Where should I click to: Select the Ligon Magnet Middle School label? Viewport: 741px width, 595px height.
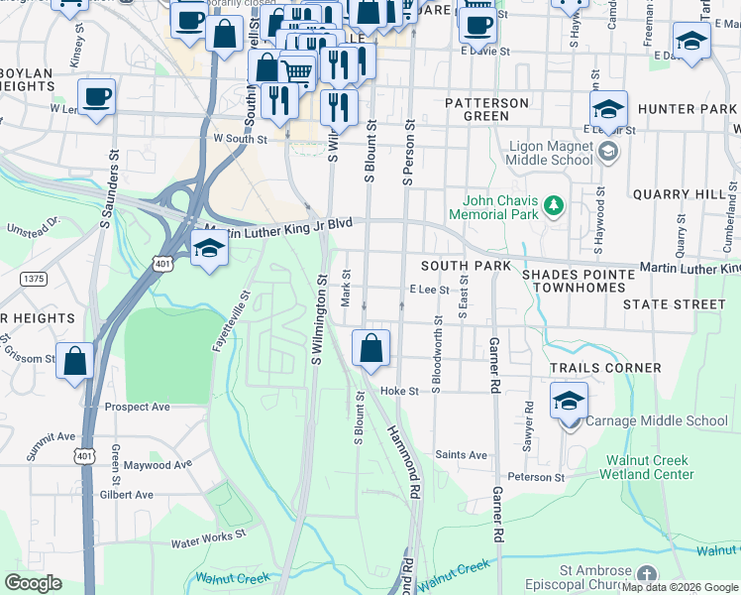pyautogui.click(x=550, y=153)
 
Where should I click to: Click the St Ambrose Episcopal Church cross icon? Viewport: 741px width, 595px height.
pyautogui.click(x=646, y=574)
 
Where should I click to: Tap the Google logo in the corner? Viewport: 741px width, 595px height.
pyautogui.click(x=33, y=583)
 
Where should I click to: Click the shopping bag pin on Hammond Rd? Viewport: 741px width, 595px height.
pyautogui.click(x=371, y=349)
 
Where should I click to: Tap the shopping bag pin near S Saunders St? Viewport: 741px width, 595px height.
pyautogui.click(x=75, y=361)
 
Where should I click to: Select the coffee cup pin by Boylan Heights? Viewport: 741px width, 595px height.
pyautogui.click(x=96, y=97)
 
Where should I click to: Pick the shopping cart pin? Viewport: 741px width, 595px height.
pyautogui.click(x=297, y=70)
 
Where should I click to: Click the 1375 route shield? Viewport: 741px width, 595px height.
pyautogui.click(x=35, y=279)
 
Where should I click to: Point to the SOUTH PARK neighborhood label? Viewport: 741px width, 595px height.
pyautogui.click(x=466, y=266)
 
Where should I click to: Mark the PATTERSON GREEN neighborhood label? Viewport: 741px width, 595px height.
pyautogui.click(x=486, y=109)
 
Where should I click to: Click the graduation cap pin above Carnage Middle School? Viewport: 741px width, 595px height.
pyautogui.click(x=570, y=402)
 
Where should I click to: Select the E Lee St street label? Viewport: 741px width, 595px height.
pyautogui.click(x=430, y=290)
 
